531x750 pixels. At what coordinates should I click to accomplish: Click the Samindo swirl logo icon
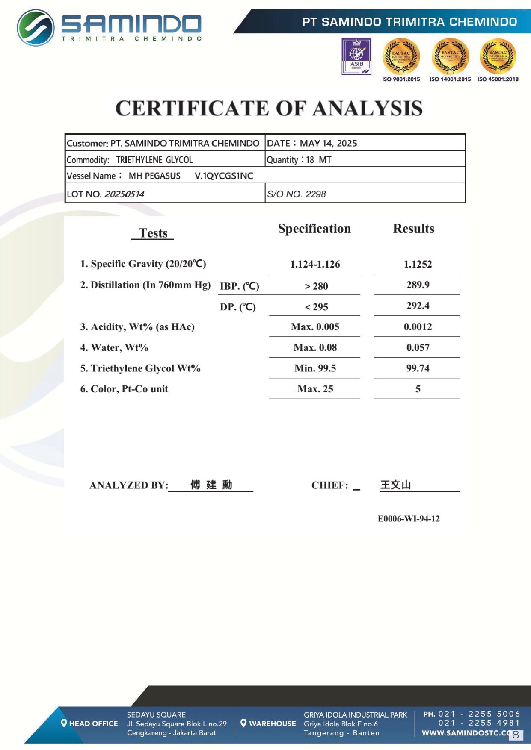(36, 27)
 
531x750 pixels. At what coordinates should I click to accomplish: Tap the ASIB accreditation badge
(356, 56)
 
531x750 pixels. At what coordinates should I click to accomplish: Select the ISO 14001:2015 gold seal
(450, 56)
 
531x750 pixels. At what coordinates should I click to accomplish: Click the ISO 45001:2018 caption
(498, 79)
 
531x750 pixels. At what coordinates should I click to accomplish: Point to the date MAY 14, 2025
(328, 143)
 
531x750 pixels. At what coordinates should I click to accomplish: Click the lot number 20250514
(124, 194)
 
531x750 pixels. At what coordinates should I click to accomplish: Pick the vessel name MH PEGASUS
(154, 176)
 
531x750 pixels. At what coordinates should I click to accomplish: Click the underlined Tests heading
(153, 233)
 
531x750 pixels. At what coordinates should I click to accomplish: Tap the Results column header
(413, 229)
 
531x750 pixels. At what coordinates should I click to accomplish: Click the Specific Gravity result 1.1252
(418, 264)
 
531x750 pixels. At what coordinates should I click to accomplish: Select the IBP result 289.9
(418, 285)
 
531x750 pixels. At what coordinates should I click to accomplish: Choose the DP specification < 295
(316, 307)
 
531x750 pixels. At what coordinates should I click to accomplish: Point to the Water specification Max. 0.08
(315, 347)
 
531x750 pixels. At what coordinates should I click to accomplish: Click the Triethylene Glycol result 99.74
(418, 368)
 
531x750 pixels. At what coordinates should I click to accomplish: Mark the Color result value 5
(418, 389)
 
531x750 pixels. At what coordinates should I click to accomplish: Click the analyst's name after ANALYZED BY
(211, 485)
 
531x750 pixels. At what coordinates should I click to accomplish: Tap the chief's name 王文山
(395, 485)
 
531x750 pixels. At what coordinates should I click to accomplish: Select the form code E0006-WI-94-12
(408, 518)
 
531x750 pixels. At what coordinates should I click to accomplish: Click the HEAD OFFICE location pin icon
(64, 723)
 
